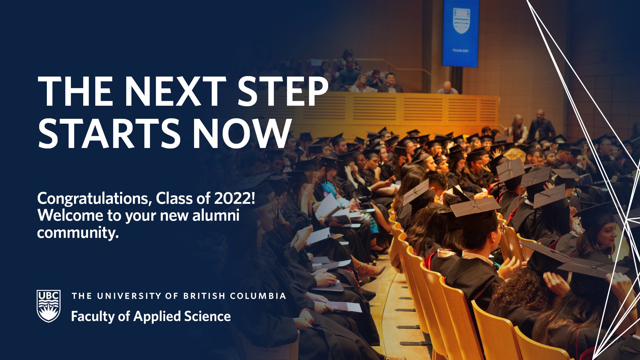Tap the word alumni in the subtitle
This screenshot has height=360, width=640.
pyautogui.click(x=216, y=216)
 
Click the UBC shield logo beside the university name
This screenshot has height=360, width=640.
pyautogui.click(x=48, y=306)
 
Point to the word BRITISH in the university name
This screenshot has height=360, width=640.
pyautogui.click(x=204, y=296)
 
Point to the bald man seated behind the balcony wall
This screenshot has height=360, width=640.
pyautogui.click(x=447, y=88)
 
